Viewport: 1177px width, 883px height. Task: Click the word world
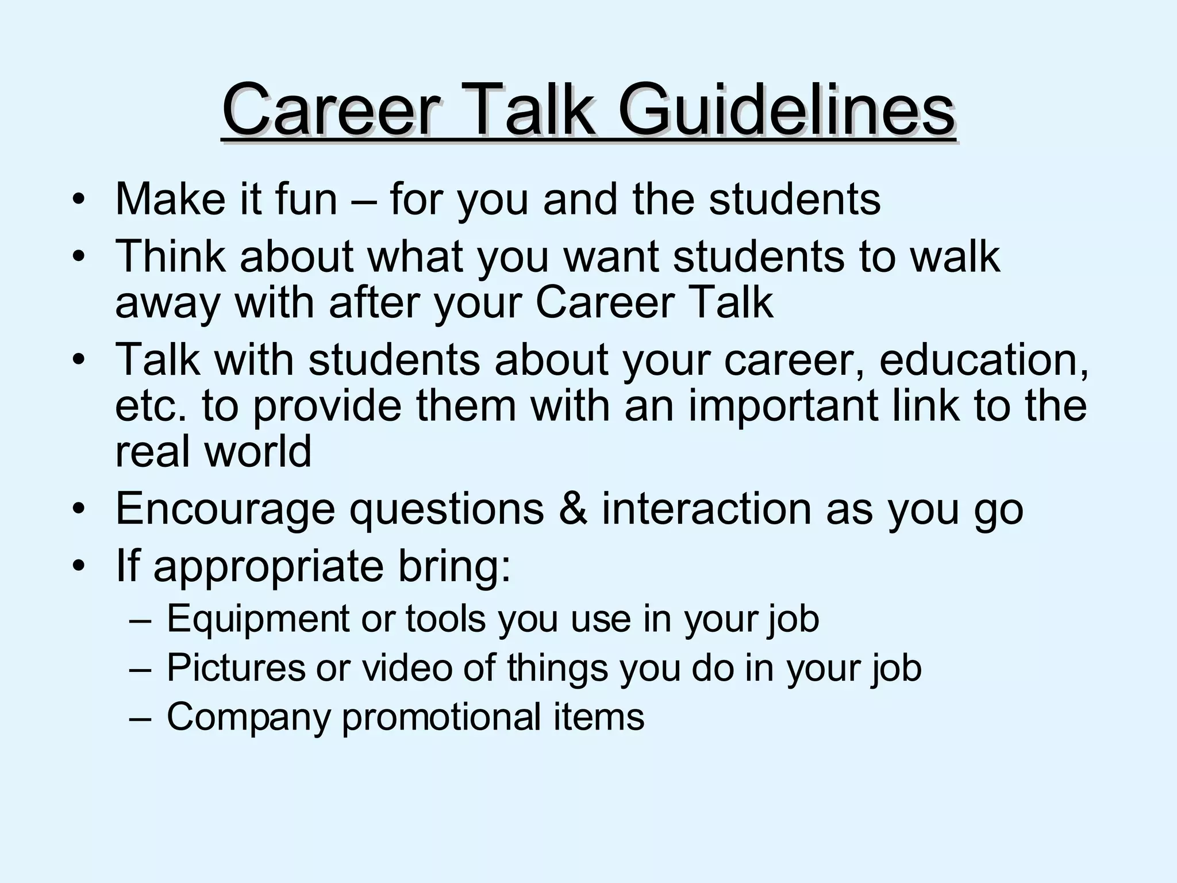(x=258, y=451)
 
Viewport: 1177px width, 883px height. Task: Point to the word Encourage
(x=225, y=509)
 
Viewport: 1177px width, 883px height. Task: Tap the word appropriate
(x=268, y=567)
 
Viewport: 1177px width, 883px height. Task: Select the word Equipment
(x=257, y=620)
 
